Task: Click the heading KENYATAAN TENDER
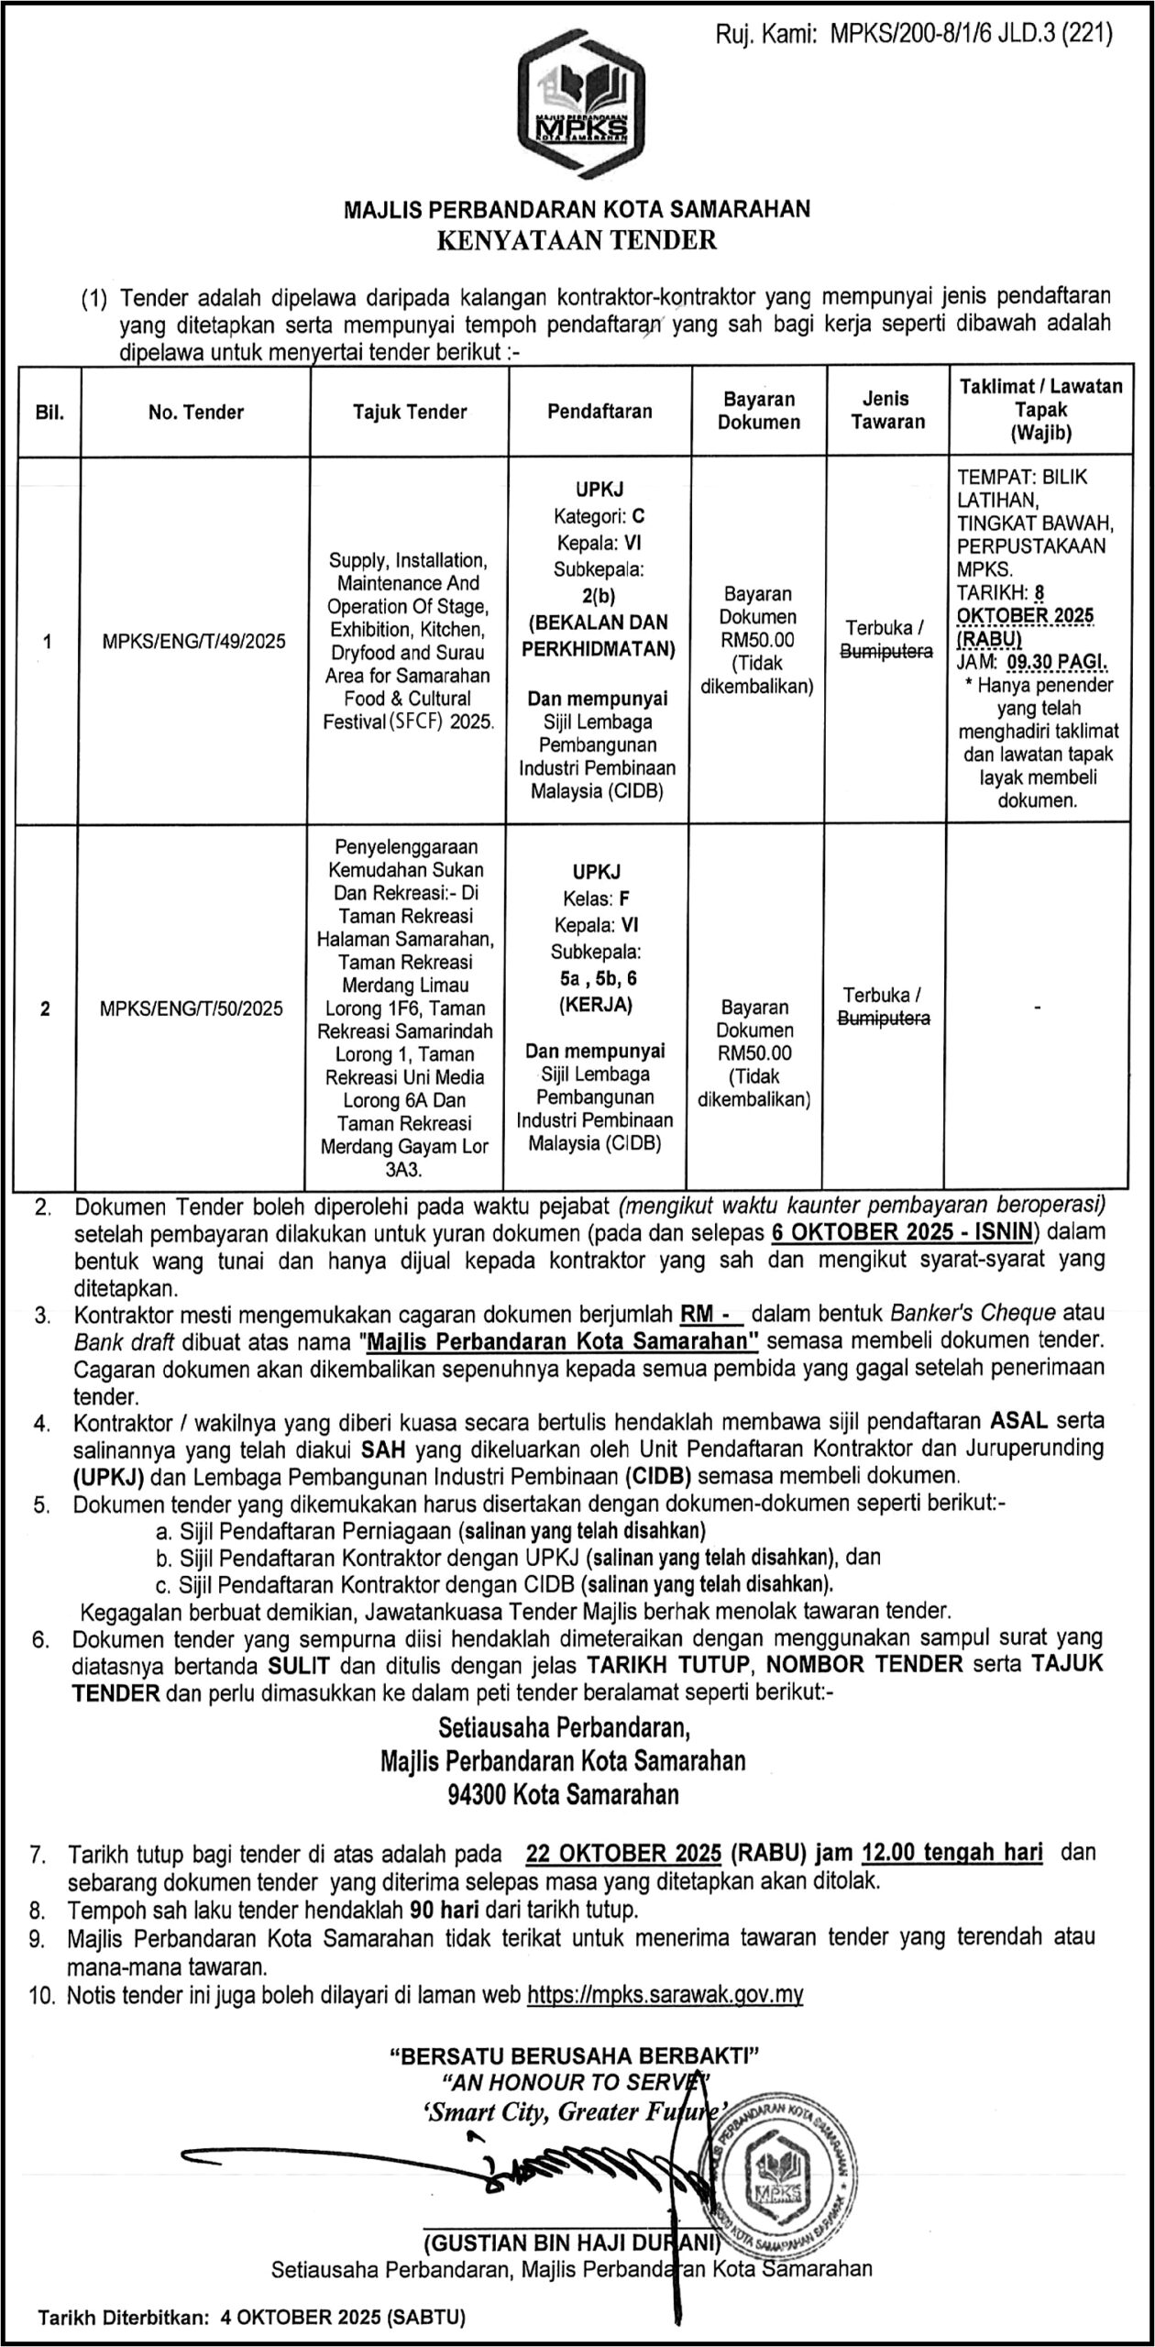pyautogui.click(x=577, y=240)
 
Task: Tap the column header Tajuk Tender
pyautogui.click(x=410, y=413)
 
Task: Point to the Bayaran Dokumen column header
pyautogui.click(x=758, y=411)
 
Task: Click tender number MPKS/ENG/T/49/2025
pyautogui.click(x=193, y=641)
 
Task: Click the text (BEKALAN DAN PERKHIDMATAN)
pyautogui.click(x=598, y=635)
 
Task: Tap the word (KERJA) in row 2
pyautogui.click(x=596, y=1004)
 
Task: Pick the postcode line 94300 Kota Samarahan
pyautogui.click(x=563, y=1795)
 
